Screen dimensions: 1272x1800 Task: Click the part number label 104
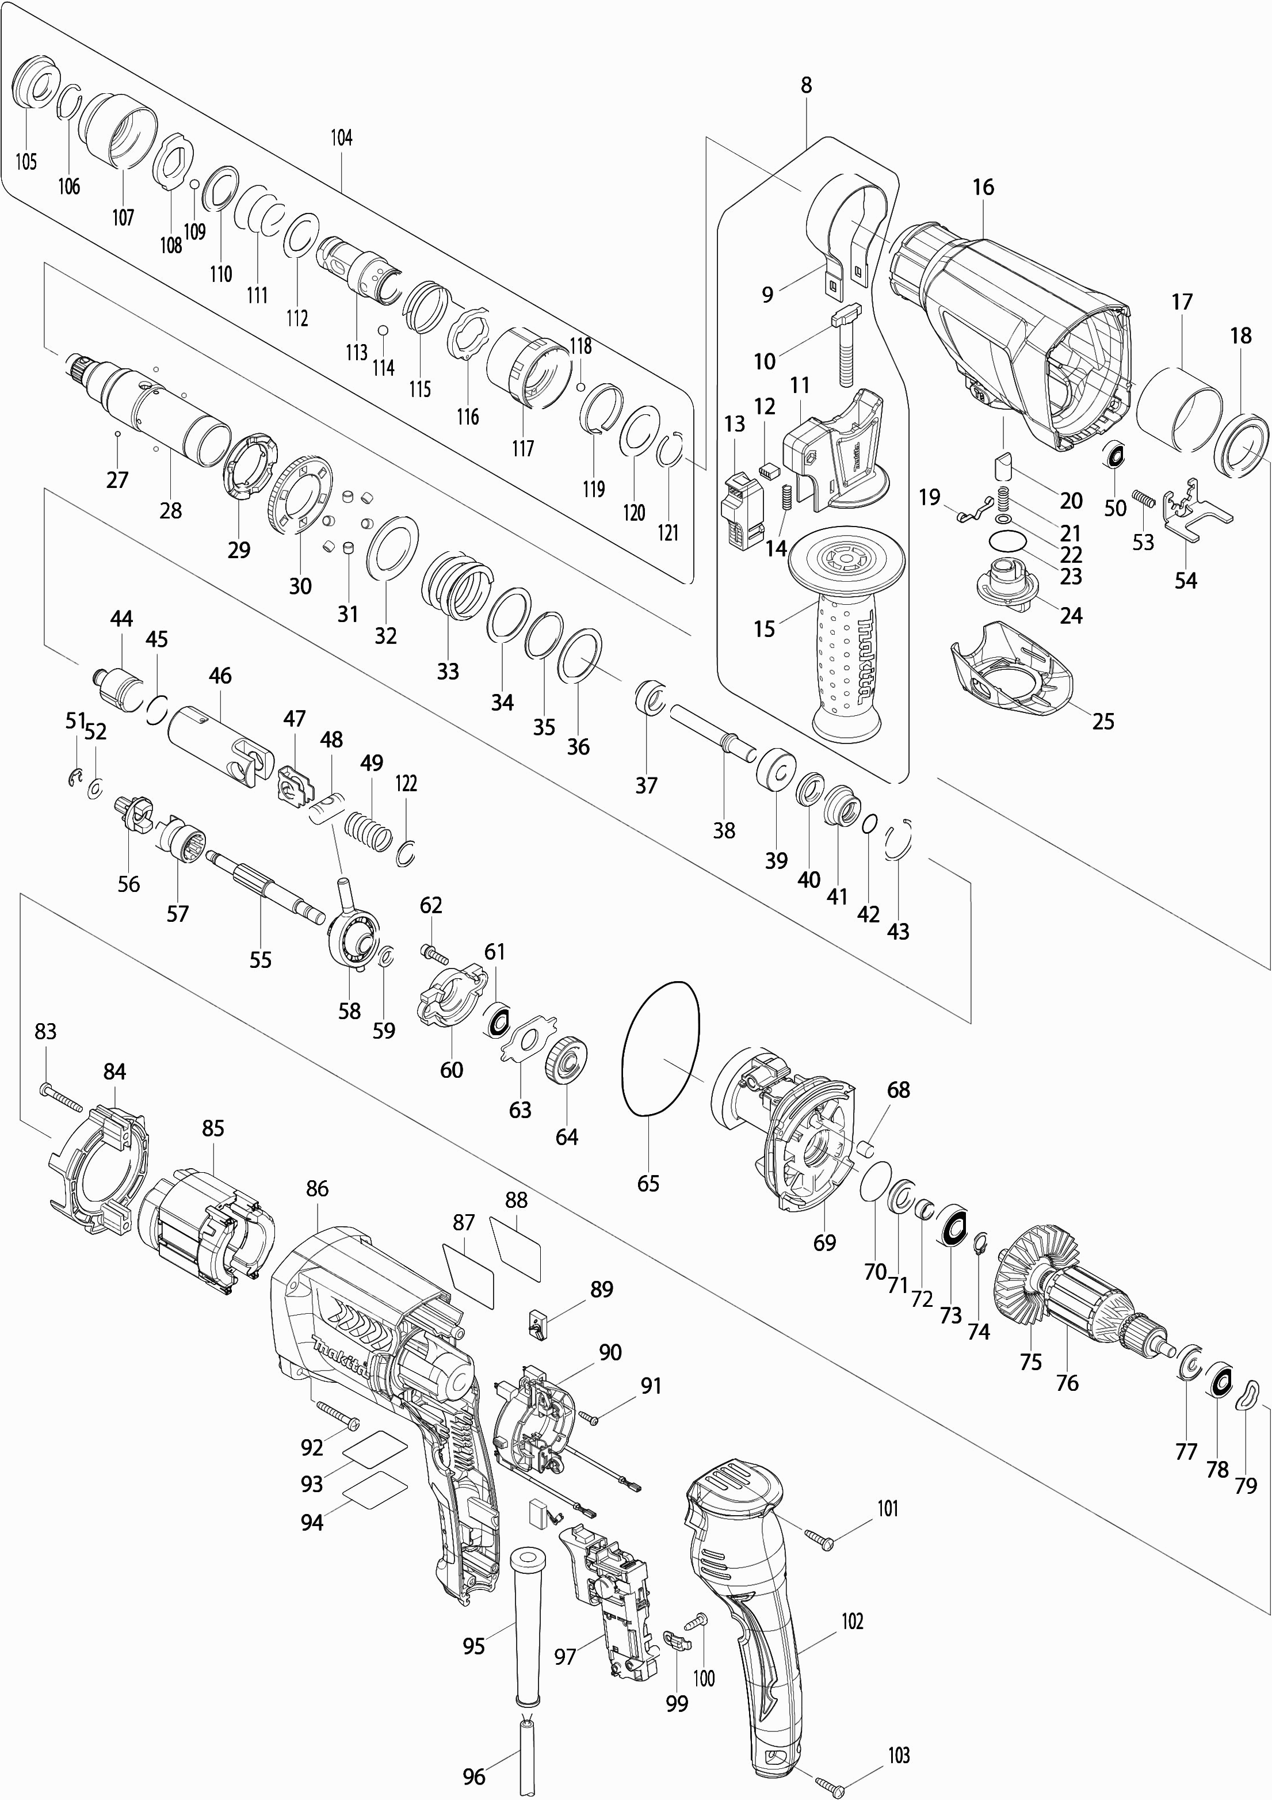tap(341, 138)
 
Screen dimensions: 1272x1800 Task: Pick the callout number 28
tap(171, 510)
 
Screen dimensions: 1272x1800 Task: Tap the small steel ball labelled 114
tap(383, 331)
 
